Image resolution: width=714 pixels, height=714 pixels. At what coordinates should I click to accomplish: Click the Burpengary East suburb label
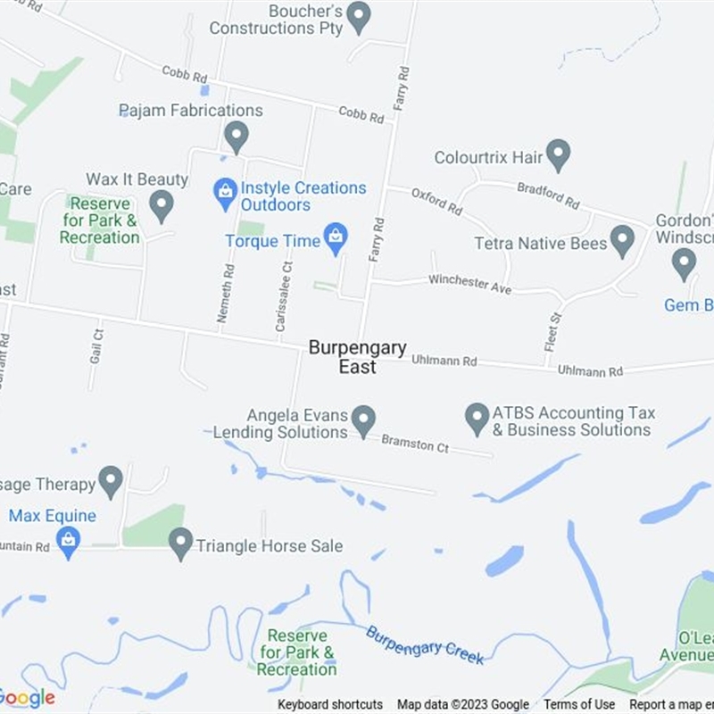pos(357,357)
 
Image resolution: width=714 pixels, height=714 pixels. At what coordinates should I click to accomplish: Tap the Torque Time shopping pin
pos(336,239)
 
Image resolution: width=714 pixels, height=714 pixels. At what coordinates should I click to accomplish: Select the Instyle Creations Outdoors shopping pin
pos(225,190)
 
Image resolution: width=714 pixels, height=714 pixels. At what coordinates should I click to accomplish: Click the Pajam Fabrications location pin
pos(236,137)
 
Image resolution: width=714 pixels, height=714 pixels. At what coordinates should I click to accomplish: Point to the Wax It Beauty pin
pos(161,205)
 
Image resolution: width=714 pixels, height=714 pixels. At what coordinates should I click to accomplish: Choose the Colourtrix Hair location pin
pos(558,154)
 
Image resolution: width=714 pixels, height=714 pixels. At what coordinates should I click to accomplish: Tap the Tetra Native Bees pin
pos(622,241)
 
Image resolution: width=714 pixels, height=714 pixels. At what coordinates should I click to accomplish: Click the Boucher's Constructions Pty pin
pos(359,16)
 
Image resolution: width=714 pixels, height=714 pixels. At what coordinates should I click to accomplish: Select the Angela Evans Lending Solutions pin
pos(362,419)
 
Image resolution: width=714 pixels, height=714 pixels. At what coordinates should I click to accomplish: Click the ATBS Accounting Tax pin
pos(477,418)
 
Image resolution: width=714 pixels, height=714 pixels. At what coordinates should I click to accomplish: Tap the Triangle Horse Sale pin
pos(181,543)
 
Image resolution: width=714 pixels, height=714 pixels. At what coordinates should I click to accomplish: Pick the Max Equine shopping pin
pos(68,541)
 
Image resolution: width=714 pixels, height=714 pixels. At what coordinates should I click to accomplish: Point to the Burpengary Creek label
pos(425,644)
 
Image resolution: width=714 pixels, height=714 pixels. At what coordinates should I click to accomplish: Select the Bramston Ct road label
pos(415,444)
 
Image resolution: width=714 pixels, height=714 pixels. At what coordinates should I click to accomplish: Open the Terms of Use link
pos(579,704)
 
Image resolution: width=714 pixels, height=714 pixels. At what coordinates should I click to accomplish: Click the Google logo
pos(27,698)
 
